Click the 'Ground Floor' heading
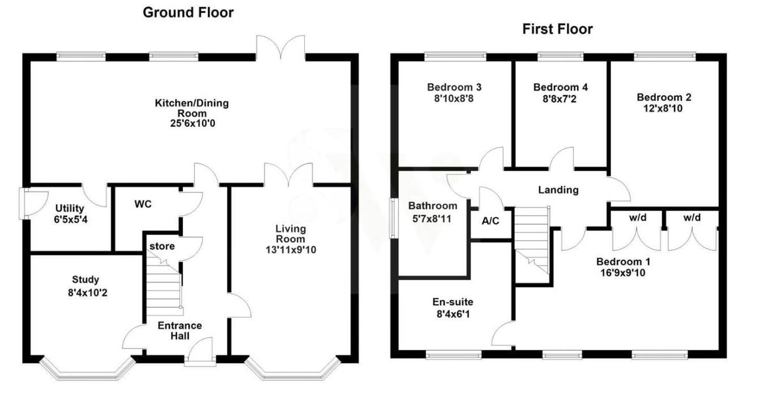coord(187,12)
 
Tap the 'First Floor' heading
coord(557,29)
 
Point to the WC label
coord(143,204)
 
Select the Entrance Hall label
coord(179,331)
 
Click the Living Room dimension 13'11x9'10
coord(291,250)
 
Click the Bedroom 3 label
coord(454,87)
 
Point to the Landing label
coord(558,190)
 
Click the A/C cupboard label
coord(491,221)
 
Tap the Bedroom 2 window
coord(664,56)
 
